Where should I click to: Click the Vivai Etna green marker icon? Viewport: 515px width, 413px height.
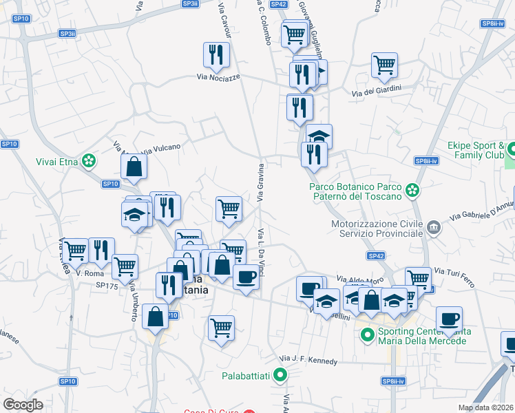tap(88, 162)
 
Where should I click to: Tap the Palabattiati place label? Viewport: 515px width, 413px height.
tap(245, 376)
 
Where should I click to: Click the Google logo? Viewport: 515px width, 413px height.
tap(23, 404)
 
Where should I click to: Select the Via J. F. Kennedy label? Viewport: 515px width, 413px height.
tap(309, 360)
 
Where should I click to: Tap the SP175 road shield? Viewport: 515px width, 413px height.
tap(107, 284)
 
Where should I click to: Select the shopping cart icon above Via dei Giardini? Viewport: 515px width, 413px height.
tap(384, 65)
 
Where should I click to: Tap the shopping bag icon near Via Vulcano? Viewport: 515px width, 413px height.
tap(134, 166)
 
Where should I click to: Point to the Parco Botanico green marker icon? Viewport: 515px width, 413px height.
tap(412, 189)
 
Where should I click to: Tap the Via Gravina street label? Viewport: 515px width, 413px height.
tap(261, 182)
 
